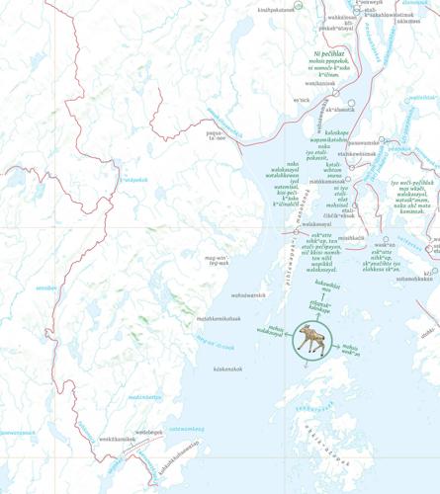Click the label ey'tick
click(x=302, y=100)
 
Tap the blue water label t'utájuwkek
click(x=132, y=180)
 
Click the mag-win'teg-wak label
click(x=217, y=262)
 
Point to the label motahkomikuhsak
click(x=220, y=318)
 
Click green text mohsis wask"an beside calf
click(x=350, y=348)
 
